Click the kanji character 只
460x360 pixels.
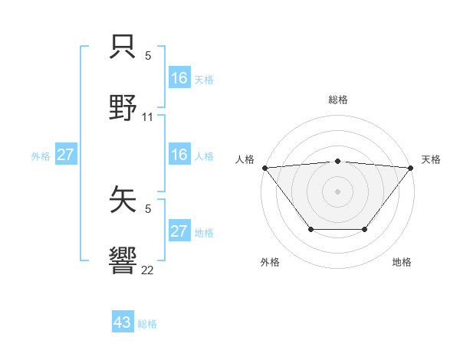point(123,45)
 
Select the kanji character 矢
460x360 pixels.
point(123,198)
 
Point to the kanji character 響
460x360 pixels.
point(123,260)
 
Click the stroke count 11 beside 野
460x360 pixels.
point(148,117)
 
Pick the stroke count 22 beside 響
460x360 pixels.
point(148,270)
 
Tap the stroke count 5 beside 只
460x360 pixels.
point(148,55)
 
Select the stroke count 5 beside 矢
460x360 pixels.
point(148,208)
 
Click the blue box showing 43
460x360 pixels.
point(123,322)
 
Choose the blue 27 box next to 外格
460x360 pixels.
point(65,155)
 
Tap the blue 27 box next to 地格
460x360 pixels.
point(179,231)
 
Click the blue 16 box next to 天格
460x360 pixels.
point(179,78)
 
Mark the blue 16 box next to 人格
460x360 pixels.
point(179,155)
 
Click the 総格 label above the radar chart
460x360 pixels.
point(337,100)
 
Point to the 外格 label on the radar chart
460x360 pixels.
point(270,262)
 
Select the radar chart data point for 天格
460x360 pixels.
point(411,167)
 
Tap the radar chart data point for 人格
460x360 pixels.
point(264,167)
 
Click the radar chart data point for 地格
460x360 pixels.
point(365,229)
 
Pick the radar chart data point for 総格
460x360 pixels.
point(337,161)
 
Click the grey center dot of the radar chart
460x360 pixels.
point(337,191)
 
